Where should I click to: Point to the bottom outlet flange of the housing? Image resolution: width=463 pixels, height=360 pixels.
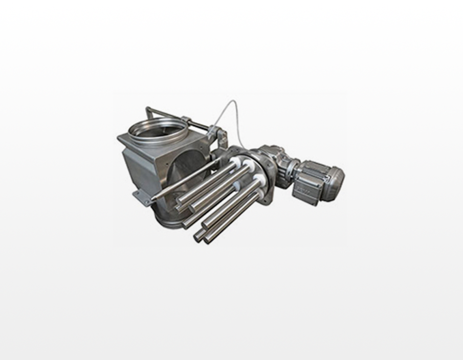(169, 221)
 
